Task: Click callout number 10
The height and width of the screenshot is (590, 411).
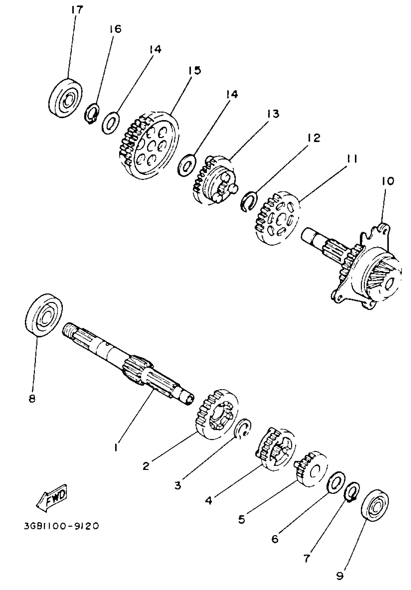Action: (388, 181)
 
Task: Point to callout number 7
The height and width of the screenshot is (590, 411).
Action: (307, 558)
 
